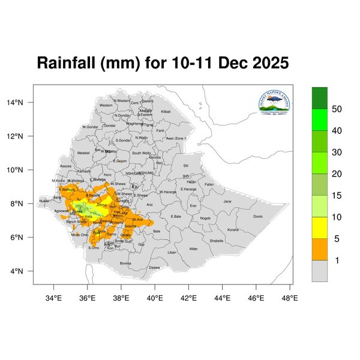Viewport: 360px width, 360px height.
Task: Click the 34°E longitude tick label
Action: [x=55, y=297]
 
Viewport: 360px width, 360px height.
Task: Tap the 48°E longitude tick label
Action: [x=291, y=297]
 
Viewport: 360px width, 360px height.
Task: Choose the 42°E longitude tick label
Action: [x=190, y=297]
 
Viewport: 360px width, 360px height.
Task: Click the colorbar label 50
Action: [x=337, y=109]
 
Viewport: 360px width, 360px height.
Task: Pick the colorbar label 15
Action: [x=337, y=196]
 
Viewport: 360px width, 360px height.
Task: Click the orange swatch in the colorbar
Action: [x=320, y=249]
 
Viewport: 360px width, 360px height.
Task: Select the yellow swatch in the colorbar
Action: [x=320, y=227]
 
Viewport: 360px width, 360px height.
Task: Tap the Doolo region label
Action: [x=258, y=217]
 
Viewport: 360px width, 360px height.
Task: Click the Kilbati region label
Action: [x=166, y=112]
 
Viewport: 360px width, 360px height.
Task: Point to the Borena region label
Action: [x=125, y=263]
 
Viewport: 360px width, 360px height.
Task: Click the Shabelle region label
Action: [x=216, y=241]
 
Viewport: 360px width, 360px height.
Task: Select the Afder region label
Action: [x=193, y=248]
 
